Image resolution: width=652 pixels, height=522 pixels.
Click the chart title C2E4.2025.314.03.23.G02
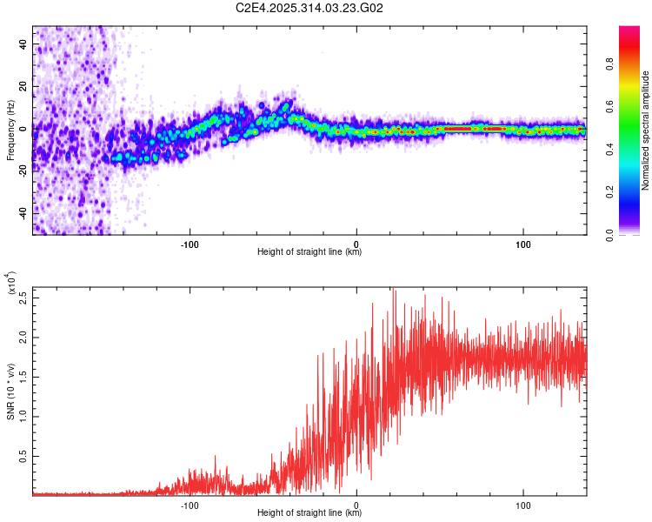pyautogui.click(x=309, y=9)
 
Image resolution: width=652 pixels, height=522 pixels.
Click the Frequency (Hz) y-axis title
pyautogui.click(x=10, y=130)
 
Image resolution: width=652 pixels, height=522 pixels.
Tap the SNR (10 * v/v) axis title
pyautogui.click(x=10, y=391)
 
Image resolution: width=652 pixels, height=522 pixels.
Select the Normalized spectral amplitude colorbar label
pyautogui.click(x=646, y=130)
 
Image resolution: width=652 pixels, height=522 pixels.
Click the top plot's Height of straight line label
pyautogui.click(x=309, y=252)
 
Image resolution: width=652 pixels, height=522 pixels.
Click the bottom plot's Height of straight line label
pyautogui.click(x=309, y=513)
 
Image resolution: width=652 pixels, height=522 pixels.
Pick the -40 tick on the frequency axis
pyautogui.click(x=22, y=212)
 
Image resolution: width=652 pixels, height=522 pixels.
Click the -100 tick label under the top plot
pyautogui.click(x=190, y=244)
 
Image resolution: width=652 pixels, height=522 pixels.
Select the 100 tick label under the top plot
pyautogui.click(x=523, y=244)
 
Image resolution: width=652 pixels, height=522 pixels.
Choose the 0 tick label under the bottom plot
pyautogui.click(x=356, y=505)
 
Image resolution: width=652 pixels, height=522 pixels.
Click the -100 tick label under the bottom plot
pyautogui.click(x=190, y=505)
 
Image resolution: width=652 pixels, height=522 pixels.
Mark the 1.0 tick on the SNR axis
pyautogui.click(x=23, y=416)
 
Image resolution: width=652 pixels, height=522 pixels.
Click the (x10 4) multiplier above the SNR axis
pyautogui.click(x=10, y=284)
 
